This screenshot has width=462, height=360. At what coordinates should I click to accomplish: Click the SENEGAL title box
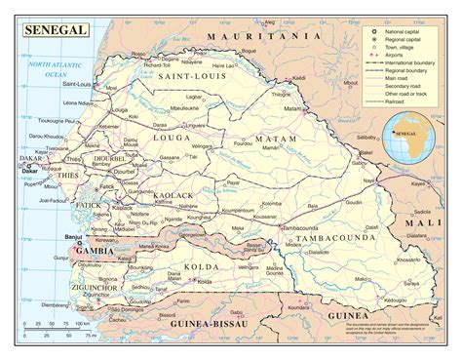pos(51,29)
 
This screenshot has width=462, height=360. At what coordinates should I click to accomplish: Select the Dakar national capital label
pos(17,173)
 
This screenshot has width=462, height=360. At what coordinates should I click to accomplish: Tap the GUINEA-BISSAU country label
pos(207,323)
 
